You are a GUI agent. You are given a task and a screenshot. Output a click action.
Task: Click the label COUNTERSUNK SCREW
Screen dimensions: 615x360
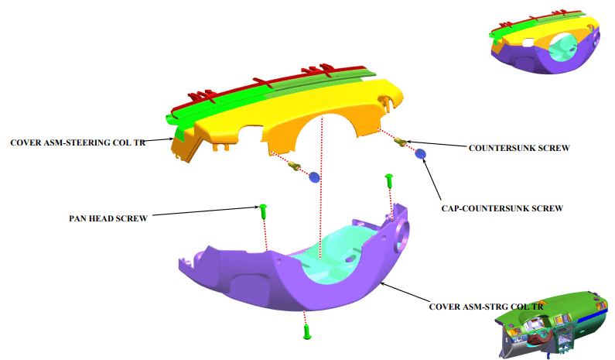[x=519, y=148]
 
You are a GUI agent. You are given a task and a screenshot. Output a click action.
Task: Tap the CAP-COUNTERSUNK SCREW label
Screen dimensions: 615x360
[x=502, y=208]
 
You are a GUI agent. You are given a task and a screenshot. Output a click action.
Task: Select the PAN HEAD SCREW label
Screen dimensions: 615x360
[x=108, y=218]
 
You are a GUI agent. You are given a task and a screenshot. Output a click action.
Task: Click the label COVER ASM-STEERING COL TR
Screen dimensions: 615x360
[x=77, y=142]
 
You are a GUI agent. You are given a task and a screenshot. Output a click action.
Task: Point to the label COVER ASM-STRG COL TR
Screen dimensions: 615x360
[x=487, y=307]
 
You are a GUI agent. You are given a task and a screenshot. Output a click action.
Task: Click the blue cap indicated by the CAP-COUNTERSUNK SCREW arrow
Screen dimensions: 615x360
[x=420, y=154]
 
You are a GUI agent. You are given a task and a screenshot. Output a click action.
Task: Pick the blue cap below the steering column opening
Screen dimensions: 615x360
[x=315, y=177]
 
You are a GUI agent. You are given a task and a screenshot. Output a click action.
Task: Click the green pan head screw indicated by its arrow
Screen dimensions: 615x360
[x=263, y=211]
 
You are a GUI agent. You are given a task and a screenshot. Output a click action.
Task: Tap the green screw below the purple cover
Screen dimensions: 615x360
[x=307, y=331]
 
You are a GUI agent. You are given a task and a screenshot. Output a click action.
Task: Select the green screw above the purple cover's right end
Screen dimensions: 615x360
[x=389, y=180]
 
